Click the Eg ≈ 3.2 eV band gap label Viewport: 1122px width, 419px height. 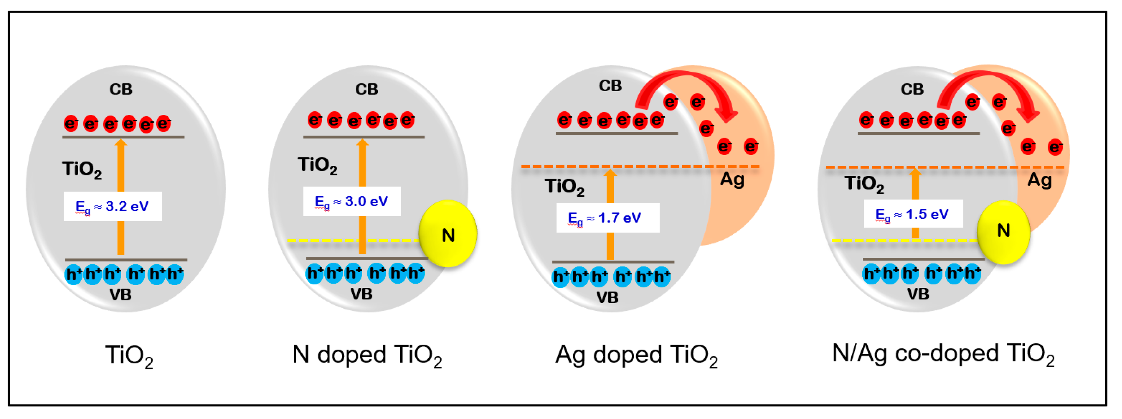pos(112,207)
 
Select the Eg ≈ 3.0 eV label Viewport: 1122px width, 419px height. pos(352,202)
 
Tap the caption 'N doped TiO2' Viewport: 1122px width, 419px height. pos(367,355)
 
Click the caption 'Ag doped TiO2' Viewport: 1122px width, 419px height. pos(636,355)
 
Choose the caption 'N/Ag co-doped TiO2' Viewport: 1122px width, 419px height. pos(943,354)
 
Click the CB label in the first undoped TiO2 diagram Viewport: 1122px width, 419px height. pos(120,89)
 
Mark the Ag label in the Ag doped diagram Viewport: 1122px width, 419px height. pos(732,180)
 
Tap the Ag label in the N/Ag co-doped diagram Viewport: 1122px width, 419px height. pos(1039,180)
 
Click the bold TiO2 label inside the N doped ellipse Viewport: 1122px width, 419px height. pos(318,165)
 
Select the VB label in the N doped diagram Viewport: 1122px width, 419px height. pos(361,294)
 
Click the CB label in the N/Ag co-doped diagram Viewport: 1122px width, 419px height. pos(912,89)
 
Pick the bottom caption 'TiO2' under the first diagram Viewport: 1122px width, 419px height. pos(129,356)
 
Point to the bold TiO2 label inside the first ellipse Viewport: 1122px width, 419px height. pos(82,169)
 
